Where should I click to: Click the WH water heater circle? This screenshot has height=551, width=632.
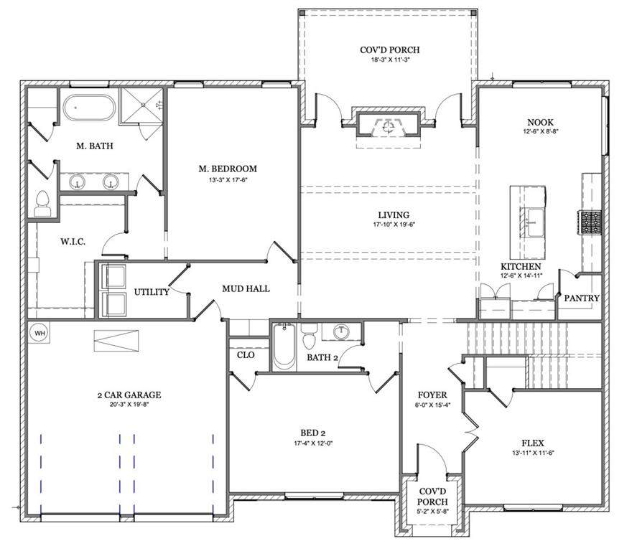pos(39,333)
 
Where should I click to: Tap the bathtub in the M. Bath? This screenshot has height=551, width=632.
pos(89,108)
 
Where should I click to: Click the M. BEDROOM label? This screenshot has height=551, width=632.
pos(228,169)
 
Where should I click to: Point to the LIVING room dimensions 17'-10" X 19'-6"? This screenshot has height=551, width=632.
pos(394,225)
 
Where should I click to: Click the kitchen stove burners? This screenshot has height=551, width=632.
pos(590,222)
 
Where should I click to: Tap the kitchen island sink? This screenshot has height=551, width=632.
pos(536,222)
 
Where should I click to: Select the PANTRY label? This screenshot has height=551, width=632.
pos(582,298)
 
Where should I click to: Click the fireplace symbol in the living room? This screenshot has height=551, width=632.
pos(389,126)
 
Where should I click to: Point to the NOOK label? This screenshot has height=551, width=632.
pos(541,122)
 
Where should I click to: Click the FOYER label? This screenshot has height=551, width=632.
pos(432,395)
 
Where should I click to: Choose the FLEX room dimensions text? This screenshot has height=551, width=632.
pos(533,453)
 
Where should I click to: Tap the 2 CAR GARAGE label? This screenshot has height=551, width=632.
pos(129,395)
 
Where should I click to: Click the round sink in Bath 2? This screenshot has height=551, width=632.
pos(342,332)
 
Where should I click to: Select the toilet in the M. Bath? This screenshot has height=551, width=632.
pos(42,204)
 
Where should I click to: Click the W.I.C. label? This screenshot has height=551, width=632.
pos(73,242)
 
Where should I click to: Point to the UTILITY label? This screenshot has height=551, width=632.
pos(152,292)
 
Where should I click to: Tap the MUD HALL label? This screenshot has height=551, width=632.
pos(246,289)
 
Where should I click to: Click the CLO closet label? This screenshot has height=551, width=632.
pos(246,355)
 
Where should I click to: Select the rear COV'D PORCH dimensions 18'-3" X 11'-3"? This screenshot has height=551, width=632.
pos(390,60)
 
